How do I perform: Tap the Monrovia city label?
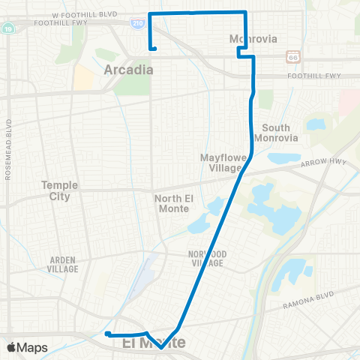(x=253, y=38)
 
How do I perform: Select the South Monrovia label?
(x=276, y=133)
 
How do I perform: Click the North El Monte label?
(x=175, y=203)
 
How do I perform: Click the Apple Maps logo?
(x=27, y=347)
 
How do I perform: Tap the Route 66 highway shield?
(x=293, y=57)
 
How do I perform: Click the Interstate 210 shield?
(x=138, y=24)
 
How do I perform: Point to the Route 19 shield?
(x=7, y=28)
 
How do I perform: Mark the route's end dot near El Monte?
(x=108, y=334)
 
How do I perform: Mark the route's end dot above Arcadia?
(x=154, y=49)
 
